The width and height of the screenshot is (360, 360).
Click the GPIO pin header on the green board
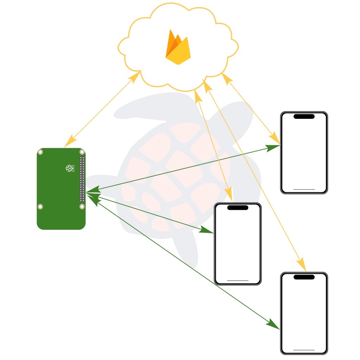[82, 179]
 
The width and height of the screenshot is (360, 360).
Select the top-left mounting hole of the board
[41, 152]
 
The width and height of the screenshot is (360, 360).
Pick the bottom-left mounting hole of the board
[41, 206]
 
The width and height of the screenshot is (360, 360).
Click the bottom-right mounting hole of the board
[82, 206]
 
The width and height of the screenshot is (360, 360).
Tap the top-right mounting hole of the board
[82, 152]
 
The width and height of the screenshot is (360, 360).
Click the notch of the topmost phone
[304, 116]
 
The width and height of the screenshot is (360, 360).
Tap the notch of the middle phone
[238, 207]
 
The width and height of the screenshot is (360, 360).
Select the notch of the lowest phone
[304, 277]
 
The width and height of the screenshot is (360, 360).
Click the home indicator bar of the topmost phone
[304, 189]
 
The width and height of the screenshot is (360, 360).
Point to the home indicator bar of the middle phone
[238, 280]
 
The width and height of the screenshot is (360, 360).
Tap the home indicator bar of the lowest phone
[304, 350]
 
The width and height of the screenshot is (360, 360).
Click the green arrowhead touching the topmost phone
[273, 147]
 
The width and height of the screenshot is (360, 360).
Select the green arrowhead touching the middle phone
[207, 230]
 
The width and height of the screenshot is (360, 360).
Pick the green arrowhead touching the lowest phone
[273, 324]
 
